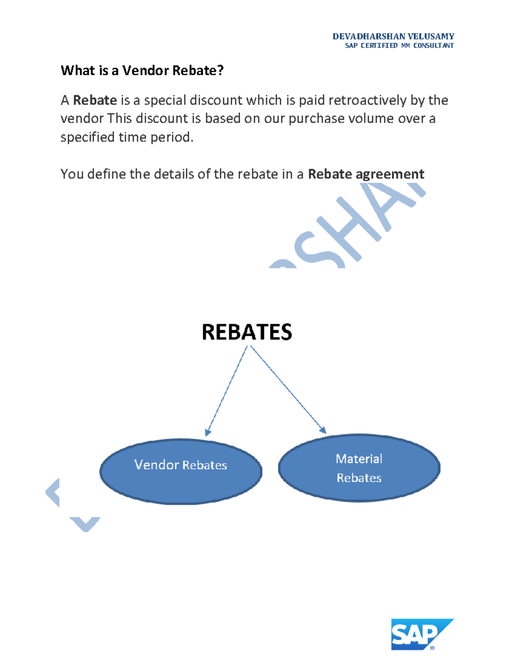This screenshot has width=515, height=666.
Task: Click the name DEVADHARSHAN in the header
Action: [x=369, y=36]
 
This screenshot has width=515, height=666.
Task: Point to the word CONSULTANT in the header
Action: [x=433, y=45]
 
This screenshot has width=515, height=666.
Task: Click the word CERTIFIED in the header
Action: [x=379, y=45]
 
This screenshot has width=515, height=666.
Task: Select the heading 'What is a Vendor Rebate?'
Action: [x=142, y=70]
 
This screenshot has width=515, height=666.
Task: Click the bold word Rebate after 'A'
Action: [x=95, y=100]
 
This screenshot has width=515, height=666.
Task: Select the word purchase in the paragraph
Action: [x=316, y=118]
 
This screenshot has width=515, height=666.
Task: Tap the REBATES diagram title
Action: [x=247, y=332]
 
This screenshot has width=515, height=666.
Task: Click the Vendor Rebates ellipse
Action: [x=181, y=471]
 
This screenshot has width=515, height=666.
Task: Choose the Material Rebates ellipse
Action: [x=359, y=468]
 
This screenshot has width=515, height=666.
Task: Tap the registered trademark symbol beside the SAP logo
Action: [x=432, y=648]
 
